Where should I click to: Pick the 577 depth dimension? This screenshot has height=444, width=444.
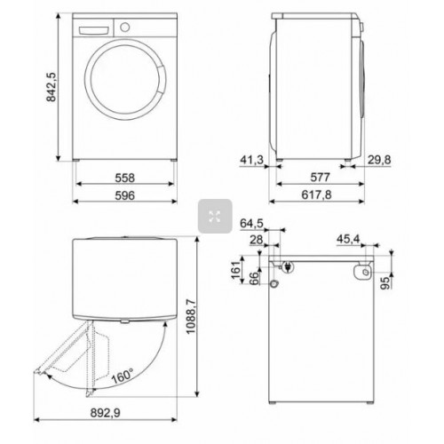[321, 177]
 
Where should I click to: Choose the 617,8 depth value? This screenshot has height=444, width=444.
[321, 196]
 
